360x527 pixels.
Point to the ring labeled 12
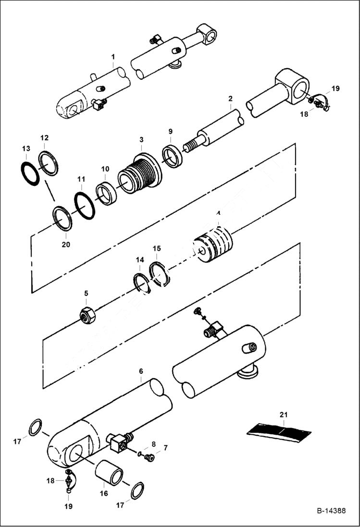pyautogui.click(x=49, y=163)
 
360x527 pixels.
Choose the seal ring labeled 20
pyautogui.click(x=62, y=218)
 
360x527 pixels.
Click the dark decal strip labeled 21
pyautogui.click(x=279, y=431)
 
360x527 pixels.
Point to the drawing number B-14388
pyautogui.click(x=331, y=511)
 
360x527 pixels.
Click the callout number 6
pyautogui.click(x=141, y=371)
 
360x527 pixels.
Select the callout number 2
pyautogui.click(x=230, y=98)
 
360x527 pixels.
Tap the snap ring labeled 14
pyautogui.click(x=141, y=282)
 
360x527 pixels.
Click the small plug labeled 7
pyautogui.click(x=150, y=458)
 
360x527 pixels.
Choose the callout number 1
pyautogui.click(x=113, y=56)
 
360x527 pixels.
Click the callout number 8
pyautogui.click(x=153, y=444)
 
